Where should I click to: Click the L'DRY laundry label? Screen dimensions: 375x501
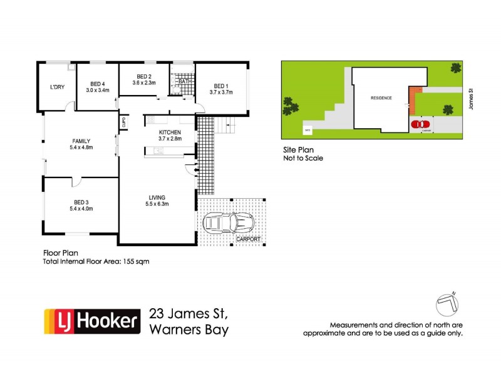click(x=58, y=87)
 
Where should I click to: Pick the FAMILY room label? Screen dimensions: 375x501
click(x=81, y=141)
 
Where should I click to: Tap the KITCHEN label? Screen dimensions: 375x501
click(x=170, y=132)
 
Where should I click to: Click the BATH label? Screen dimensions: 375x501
click(x=185, y=82)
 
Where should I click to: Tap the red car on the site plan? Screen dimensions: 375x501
click(x=418, y=124)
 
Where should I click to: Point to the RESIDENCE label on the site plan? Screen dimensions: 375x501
click(x=381, y=98)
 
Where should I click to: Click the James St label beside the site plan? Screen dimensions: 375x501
click(x=470, y=97)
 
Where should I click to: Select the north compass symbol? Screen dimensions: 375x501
click(x=449, y=302)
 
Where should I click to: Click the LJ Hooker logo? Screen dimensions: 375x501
click(x=91, y=321)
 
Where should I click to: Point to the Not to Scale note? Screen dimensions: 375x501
click(x=304, y=158)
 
